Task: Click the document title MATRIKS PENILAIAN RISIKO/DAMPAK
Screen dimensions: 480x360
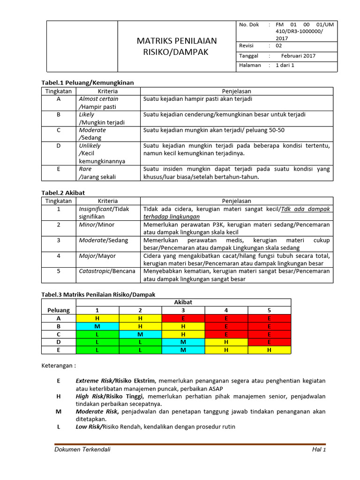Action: (x=177, y=46)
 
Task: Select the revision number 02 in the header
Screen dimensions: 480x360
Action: (x=279, y=45)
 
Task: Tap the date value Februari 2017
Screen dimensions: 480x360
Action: (x=295, y=56)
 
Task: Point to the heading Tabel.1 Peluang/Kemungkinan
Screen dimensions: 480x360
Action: (x=88, y=82)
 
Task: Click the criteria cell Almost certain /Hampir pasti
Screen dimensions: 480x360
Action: (x=99, y=103)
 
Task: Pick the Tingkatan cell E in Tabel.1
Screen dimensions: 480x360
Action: (x=59, y=169)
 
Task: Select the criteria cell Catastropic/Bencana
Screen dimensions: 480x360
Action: (x=107, y=271)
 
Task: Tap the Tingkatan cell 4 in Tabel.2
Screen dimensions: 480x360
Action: (x=59, y=256)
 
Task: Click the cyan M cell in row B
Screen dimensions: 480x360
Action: (x=97, y=326)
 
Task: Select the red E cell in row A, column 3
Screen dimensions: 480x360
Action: (x=183, y=318)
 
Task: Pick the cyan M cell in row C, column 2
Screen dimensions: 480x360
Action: (x=140, y=334)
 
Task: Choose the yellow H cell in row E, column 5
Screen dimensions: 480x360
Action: (x=269, y=350)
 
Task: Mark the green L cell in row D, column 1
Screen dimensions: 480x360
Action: (x=97, y=342)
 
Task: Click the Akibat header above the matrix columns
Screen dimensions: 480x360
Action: (x=183, y=302)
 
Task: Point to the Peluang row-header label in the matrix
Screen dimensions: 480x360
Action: (x=59, y=310)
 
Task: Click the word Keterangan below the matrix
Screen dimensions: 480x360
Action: (x=58, y=366)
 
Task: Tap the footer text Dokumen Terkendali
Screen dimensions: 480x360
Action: (x=82, y=450)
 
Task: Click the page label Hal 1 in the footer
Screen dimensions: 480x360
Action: (x=319, y=450)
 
